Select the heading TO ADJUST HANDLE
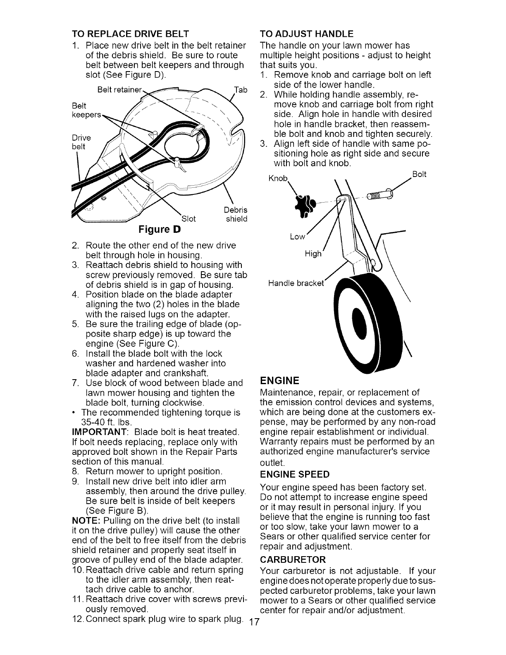306,33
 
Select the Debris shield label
236,214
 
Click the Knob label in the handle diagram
278,178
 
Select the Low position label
297,237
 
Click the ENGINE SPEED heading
294,473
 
